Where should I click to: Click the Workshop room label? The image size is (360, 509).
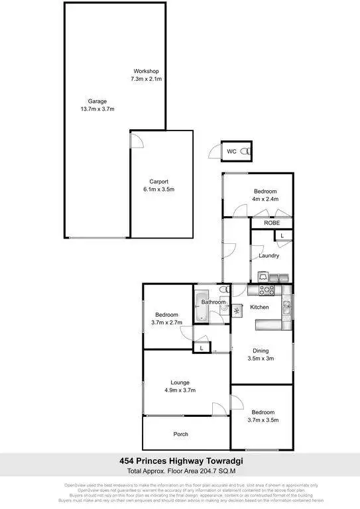[x=146, y=71]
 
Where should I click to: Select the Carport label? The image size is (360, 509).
[x=158, y=182]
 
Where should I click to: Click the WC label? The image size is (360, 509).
[x=231, y=152]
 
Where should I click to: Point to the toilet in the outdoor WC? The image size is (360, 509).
[x=247, y=152]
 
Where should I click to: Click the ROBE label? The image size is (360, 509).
[x=272, y=223]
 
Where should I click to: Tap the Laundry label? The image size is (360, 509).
[x=269, y=255]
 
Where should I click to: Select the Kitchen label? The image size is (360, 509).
[x=259, y=307]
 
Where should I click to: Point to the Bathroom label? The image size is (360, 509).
[x=213, y=302]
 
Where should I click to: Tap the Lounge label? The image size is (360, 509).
[x=180, y=382]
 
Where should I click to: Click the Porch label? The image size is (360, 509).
[x=181, y=434]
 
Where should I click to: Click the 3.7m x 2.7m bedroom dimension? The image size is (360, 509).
[x=166, y=323]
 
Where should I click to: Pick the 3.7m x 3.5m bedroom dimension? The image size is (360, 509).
[x=263, y=419]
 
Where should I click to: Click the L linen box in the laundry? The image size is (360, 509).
[x=282, y=236]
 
